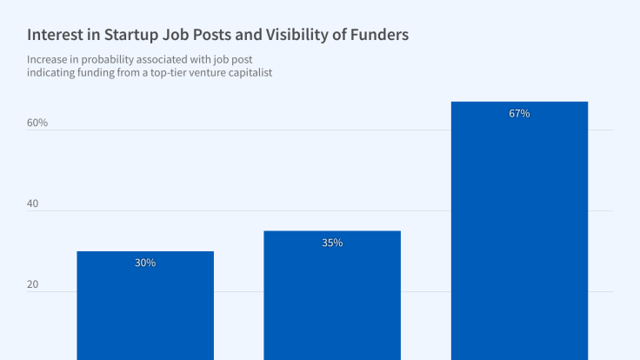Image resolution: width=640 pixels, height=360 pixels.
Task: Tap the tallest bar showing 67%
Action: (x=519, y=235)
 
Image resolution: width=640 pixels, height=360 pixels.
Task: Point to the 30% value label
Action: (x=145, y=263)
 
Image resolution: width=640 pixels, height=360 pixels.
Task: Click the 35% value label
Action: (x=332, y=243)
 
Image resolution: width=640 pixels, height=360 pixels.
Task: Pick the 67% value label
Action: (x=519, y=113)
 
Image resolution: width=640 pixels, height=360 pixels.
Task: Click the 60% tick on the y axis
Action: (x=37, y=123)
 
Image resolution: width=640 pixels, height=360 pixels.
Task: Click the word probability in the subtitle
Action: (x=118, y=59)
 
